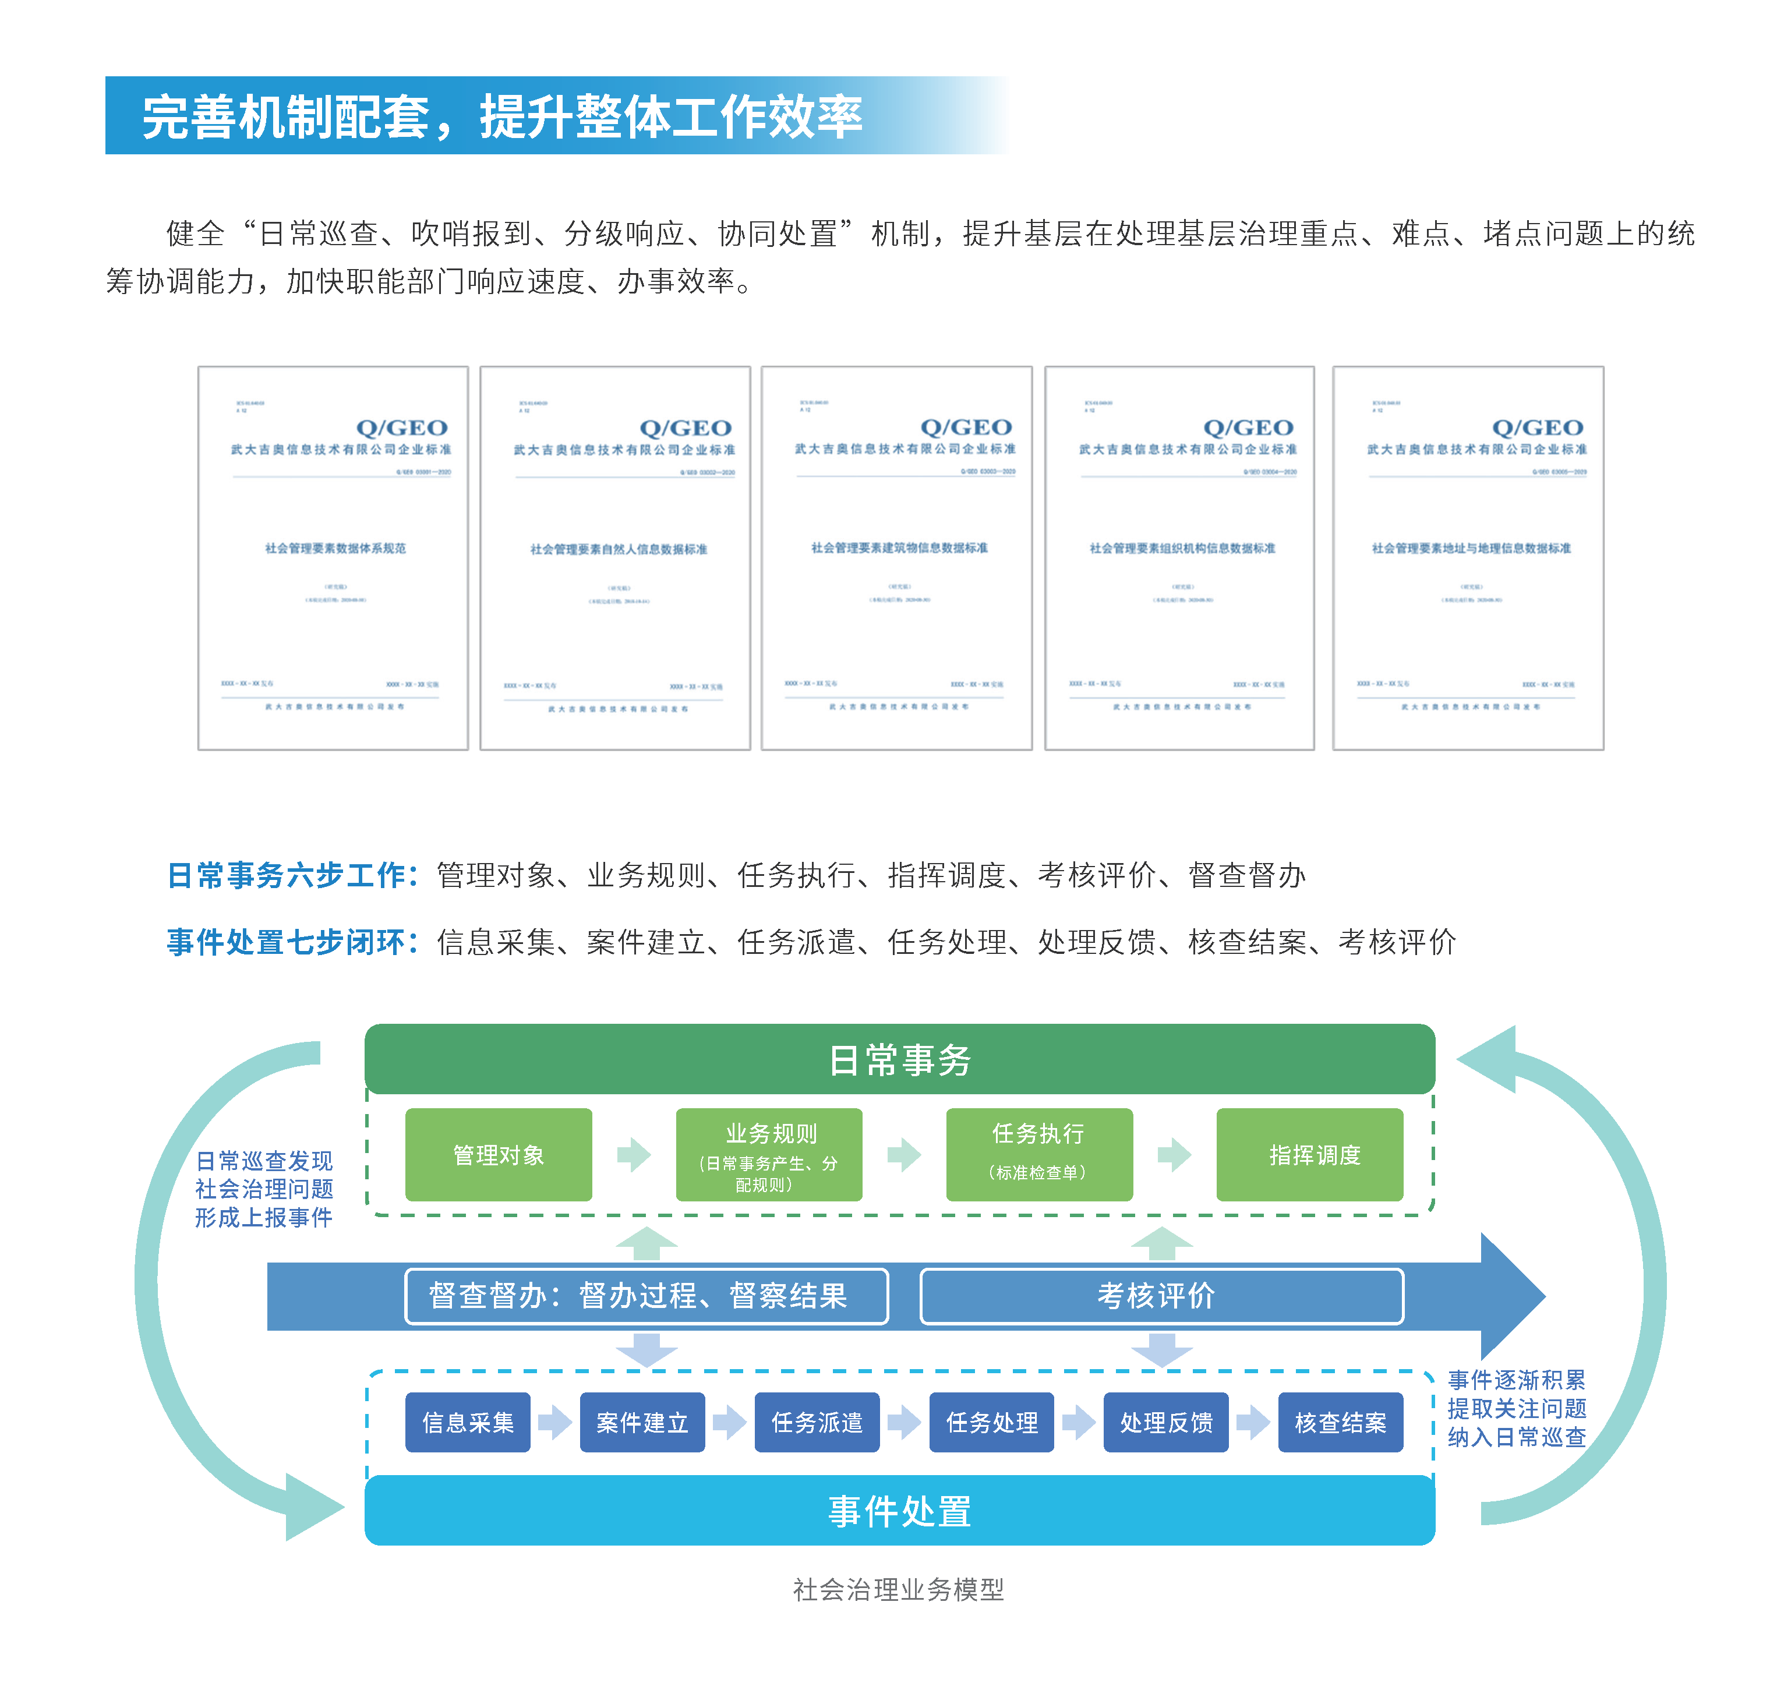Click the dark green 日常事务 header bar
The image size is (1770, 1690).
pyautogui.click(x=899, y=1059)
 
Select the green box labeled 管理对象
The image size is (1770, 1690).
pyautogui.click(x=498, y=1154)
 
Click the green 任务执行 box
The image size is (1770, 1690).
pyautogui.click(x=1038, y=1154)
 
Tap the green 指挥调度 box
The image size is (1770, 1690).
pyautogui.click(x=1309, y=1154)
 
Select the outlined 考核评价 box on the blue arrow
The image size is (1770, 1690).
pyautogui.click(x=1161, y=1295)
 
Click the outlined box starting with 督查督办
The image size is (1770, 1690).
pyautogui.click(x=646, y=1295)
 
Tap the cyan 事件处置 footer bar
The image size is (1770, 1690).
pyautogui.click(x=899, y=1511)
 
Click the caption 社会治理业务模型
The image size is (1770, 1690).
pyautogui.click(x=898, y=1589)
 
